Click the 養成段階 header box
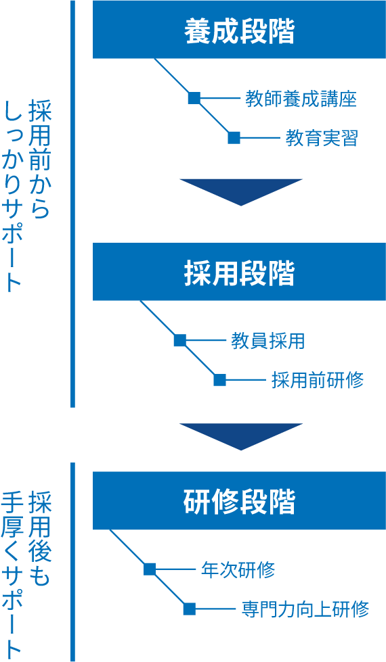coord(239,30)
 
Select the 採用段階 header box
coord(239,272)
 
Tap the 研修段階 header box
coord(239,501)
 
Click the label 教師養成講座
coord(301,99)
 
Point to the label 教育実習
coord(321,139)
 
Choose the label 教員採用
coord(267,341)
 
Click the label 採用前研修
coord(317,380)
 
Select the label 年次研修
coord(238,569)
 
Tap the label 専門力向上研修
coord(305,609)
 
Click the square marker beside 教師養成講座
coord(194,99)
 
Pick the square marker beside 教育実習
coord(234,138)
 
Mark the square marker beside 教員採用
coord(179,340)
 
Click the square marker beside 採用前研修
coord(219,379)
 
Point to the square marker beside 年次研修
coord(150,569)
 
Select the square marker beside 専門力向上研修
coord(190,609)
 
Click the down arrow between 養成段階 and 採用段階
coord(240,190)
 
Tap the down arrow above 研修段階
coord(240,435)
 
